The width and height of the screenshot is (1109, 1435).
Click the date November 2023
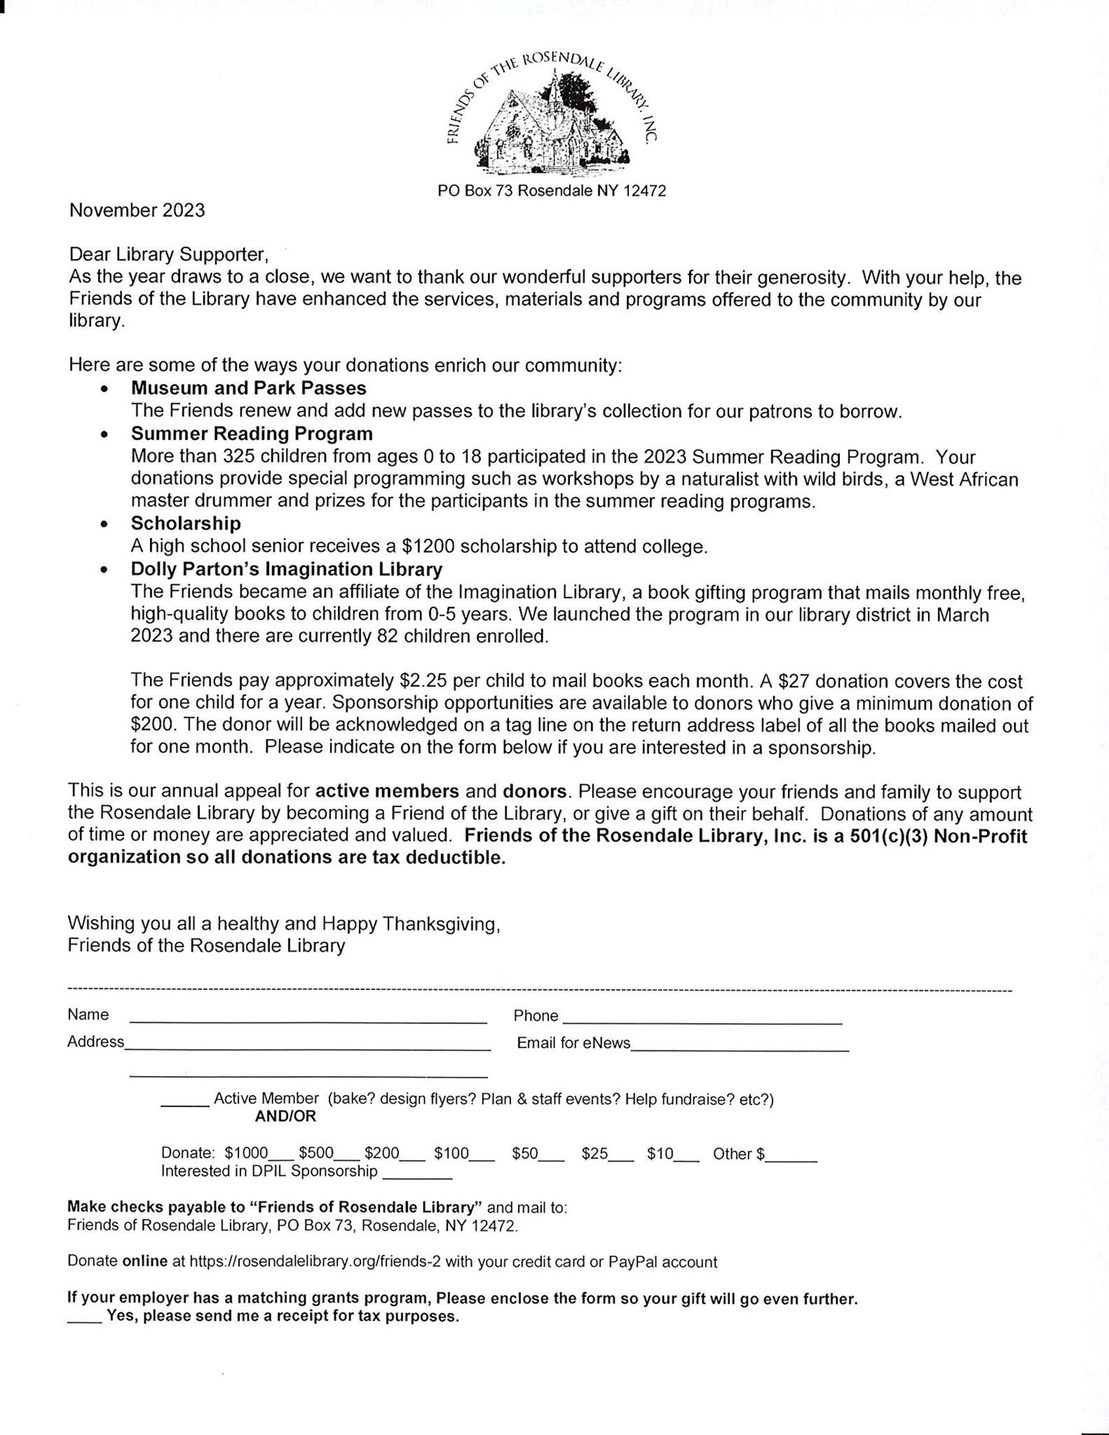pyautogui.click(x=137, y=211)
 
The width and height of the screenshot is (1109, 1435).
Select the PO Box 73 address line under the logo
pyautogui.click(x=551, y=191)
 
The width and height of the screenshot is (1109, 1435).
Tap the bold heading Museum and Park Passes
pyautogui.click(x=248, y=388)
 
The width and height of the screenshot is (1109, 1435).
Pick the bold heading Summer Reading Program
pyautogui.click(x=251, y=434)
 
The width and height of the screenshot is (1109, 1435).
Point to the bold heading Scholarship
pyautogui.click(x=185, y=523)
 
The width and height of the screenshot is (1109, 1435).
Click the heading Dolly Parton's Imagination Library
pyautogui.click(x=286, y=569)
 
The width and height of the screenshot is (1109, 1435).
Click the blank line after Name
pyautogui.click(x=308, y=1018)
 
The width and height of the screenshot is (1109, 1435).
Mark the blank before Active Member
pyautogui.click(x=184, y=1103)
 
